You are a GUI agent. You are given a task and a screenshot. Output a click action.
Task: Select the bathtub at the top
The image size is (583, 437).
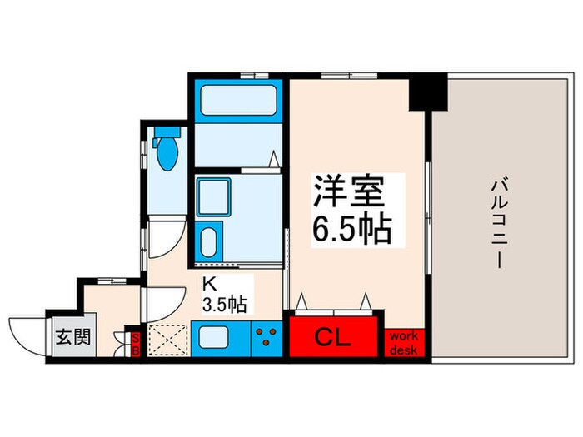[238, 102]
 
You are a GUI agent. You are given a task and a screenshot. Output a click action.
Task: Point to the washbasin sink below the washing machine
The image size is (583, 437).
[210, 241]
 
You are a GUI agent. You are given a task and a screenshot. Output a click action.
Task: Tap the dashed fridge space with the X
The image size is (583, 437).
[170, 340]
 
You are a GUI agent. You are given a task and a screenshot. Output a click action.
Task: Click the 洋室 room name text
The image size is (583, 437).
[349, 194]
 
